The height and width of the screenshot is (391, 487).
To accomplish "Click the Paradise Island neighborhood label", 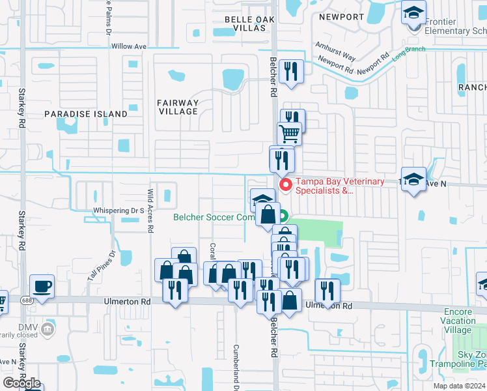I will pos(86,114).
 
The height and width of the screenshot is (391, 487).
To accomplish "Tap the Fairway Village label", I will pos(178,107).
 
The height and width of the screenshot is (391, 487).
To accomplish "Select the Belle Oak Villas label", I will pos(249,24).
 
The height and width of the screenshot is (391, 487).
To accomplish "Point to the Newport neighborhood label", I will pos(342,17).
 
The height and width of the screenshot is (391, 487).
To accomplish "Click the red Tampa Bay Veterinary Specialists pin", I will pos(285,185).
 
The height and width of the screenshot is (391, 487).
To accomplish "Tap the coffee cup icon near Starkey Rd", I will pos(42,287).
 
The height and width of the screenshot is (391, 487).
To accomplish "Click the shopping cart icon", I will pos(290,134).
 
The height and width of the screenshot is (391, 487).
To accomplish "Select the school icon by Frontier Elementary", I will pos(413,14).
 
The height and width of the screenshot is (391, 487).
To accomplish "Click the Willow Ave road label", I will pos(129,47).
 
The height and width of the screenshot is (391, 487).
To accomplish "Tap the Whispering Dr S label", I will pos(118,210).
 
